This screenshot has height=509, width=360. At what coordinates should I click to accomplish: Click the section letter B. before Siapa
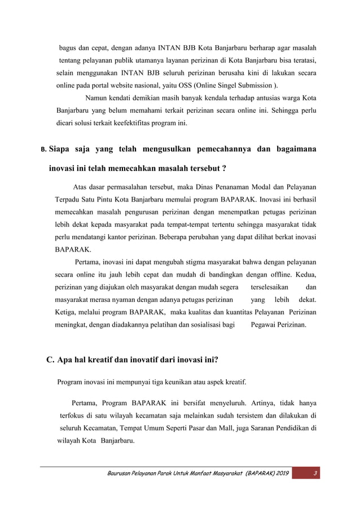(x=43, y=151)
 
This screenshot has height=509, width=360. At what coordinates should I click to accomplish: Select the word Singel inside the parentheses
(x=243, y=86)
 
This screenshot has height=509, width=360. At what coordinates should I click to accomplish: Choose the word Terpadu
(x=69, y=199)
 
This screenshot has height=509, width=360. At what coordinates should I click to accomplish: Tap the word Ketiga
(x=67, y=312)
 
